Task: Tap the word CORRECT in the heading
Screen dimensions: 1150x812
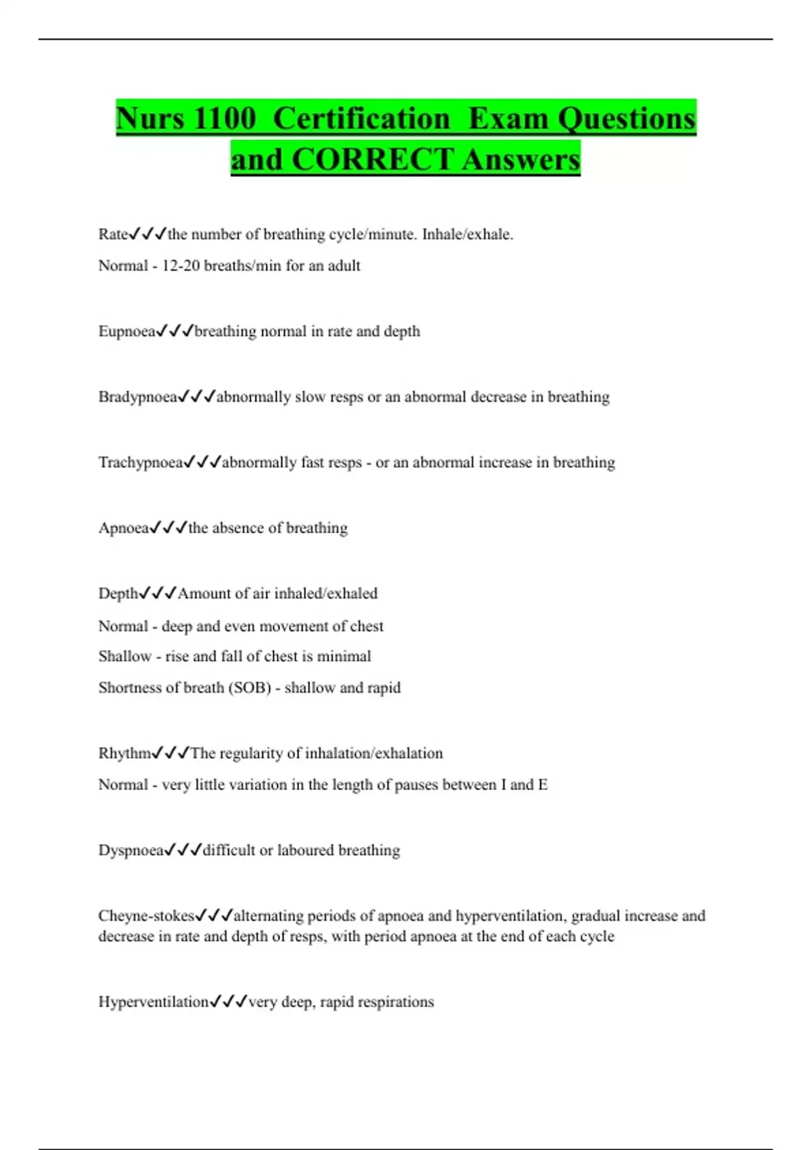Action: (x=373, y=160)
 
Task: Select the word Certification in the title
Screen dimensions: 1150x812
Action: (x=361, y=118)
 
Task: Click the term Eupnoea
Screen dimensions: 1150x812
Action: (x=127, y=331)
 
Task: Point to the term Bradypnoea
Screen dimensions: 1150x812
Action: (x=137, y=397)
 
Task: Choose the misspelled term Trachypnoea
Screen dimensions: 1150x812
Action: (x=140, y=463)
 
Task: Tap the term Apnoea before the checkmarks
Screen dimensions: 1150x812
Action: (x=123, y=528)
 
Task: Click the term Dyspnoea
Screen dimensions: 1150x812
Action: (x=131, y=850)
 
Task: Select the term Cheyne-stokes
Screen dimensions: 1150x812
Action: (x=146, y=916)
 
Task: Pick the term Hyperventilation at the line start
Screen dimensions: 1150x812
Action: (x=154, y=1002)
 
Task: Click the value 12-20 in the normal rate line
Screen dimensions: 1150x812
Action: (x=181, y=266)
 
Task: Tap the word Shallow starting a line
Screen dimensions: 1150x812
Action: (x=125, y=656)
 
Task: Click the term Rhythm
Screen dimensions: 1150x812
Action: (x=125, y=754)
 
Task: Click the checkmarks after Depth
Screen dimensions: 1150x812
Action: (x=158, y=593)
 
